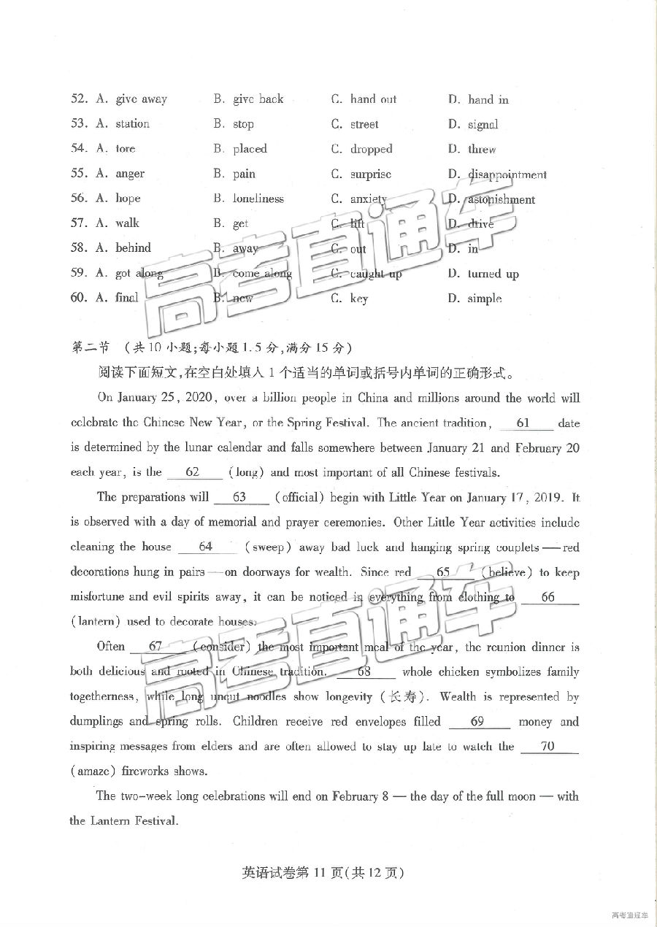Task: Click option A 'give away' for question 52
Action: click(140, 99)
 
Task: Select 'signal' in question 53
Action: click(483, 125)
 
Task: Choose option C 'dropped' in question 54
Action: click(371, 149)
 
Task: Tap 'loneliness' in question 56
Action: click(258, 199)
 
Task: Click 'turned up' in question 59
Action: click(493, 274)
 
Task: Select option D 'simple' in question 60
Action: click(484, 299)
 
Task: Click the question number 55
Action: click(79, 174)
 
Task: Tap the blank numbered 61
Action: click(523, 423)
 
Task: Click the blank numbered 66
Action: click(547, 597)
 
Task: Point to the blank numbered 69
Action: click(477, 721)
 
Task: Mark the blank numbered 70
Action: click(548, 746)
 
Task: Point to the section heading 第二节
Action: click(90, 347)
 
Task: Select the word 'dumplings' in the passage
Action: click(96, 722)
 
